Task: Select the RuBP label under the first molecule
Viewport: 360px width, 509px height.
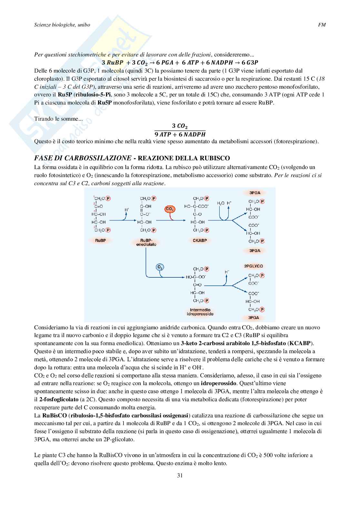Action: [100, 241]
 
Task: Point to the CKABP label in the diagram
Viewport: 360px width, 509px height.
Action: [200, 241]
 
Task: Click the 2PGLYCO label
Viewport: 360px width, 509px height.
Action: [254, 266]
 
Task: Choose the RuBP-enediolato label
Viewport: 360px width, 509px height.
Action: [148, 242]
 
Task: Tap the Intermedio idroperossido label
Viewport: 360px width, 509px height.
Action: [200, 311]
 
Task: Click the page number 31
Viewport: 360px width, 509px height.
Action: [180, 475]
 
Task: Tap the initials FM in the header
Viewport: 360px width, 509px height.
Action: [322, 25]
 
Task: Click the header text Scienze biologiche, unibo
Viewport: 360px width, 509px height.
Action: [62, 25]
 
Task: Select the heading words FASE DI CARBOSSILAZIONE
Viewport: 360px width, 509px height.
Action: [83, 158]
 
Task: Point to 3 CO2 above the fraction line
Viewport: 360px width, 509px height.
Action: [180, 126]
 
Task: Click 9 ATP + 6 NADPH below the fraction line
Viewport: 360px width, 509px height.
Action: [180, 134]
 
